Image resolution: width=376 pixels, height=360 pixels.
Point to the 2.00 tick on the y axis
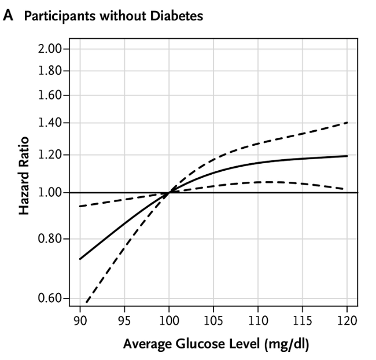[x=50, y=49]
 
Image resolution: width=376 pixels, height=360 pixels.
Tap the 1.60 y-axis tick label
[x=50, y=95]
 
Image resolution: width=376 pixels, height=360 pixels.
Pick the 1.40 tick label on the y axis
[x=50, y=123]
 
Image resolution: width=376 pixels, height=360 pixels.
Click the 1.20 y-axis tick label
[x=50, y=155]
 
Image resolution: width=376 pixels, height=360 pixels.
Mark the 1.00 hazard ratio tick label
[x=50, y=192]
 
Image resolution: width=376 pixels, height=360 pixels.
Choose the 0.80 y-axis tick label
[x=50, y=238]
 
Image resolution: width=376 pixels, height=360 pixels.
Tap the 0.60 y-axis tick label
[x=50, y=299]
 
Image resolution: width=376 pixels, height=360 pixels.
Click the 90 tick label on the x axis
[x=80, y=320]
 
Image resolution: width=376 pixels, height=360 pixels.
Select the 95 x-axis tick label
[x=124, y=320]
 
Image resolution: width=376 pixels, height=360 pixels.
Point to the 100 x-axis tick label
[x=169, y=320]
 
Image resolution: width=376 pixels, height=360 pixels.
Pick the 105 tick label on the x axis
[x=213, y=320]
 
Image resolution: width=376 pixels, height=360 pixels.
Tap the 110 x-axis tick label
[x=258, y=320]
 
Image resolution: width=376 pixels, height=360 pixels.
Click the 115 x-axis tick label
[x=303, y=320]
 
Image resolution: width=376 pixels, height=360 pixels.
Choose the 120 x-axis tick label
[x=347, y=320]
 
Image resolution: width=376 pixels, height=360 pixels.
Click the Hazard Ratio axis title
[x=24, y=179]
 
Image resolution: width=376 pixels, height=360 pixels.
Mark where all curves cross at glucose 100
[x=169, y=192]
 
